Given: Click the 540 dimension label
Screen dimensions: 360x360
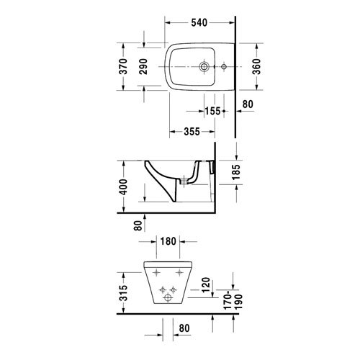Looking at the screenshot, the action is point(199,22).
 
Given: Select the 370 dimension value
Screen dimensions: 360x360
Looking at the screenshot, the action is point(123,66).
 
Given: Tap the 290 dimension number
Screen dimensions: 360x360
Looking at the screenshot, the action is point(143,66).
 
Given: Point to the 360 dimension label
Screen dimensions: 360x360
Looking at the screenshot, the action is point(256,66).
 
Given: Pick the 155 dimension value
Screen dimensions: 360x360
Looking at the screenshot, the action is point(212,111).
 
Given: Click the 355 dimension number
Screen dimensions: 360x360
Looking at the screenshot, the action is point(192,132).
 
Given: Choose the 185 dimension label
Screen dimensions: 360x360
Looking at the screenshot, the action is point(236,172).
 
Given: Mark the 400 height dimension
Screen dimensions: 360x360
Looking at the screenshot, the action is point(123,186).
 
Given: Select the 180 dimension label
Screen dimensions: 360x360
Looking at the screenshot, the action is point(168,241).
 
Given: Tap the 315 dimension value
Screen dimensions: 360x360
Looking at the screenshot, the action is point(123,293).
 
